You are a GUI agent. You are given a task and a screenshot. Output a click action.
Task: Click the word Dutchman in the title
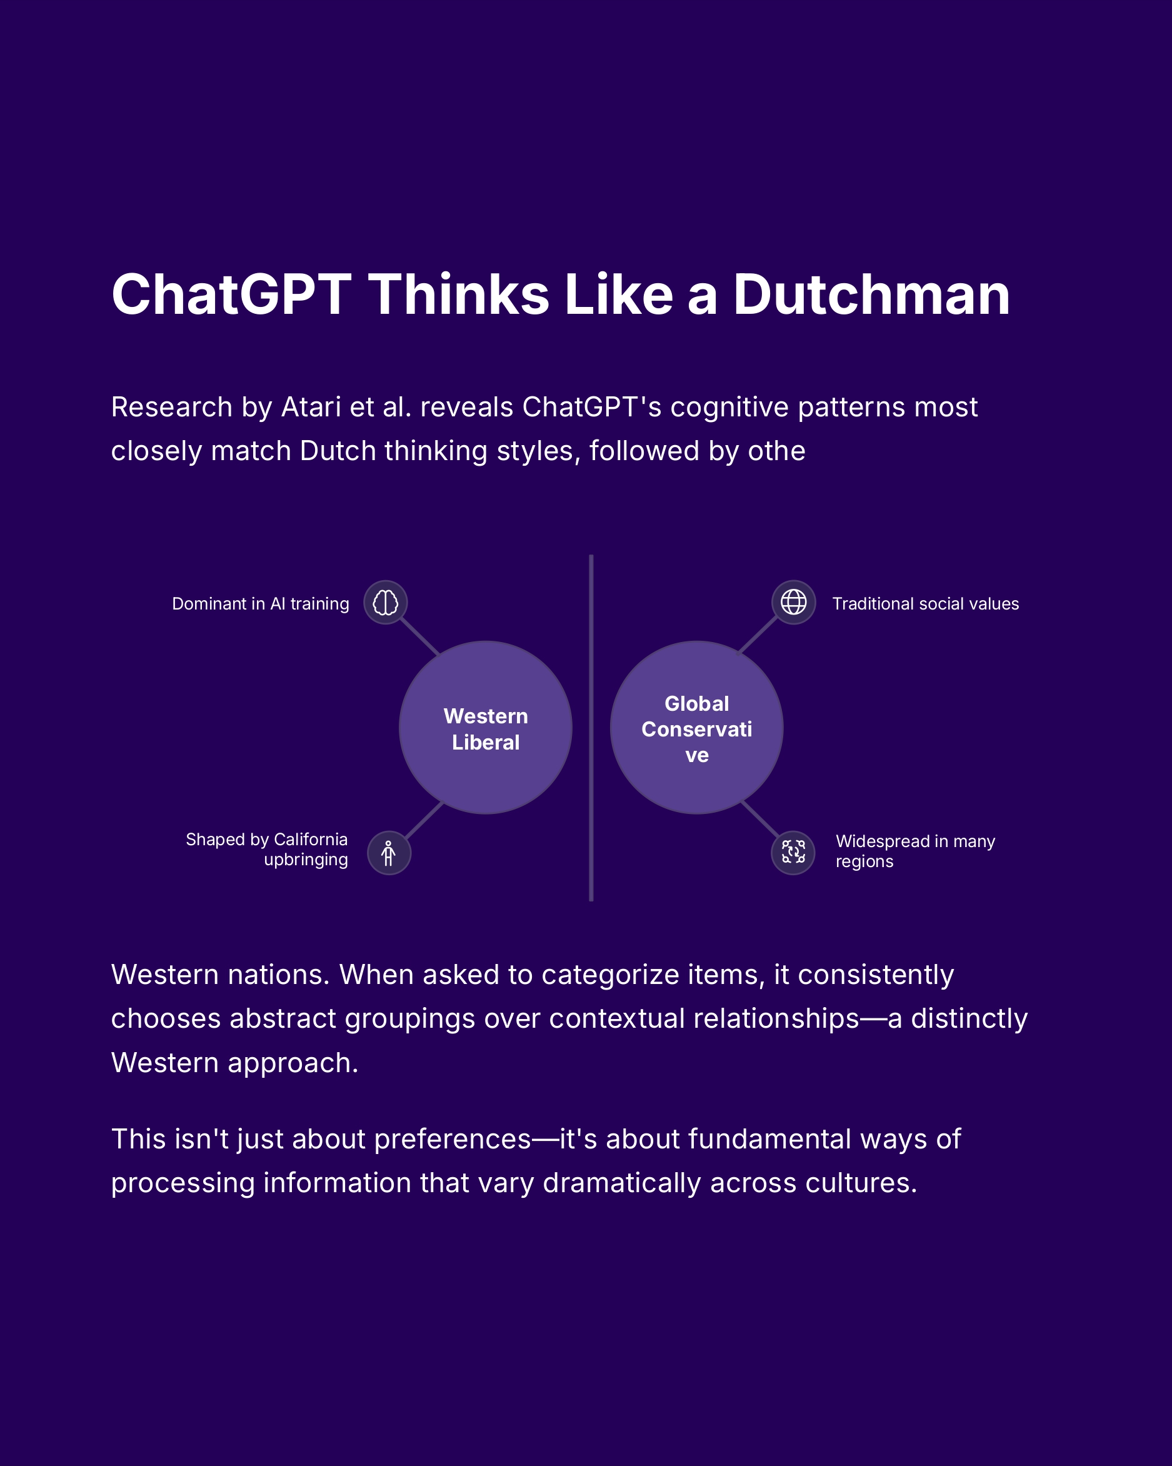[x=871, y=295]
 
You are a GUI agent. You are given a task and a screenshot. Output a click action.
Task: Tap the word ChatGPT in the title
[x=231, y=295]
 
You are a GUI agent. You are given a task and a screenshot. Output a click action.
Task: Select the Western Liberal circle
[x=486, y=728]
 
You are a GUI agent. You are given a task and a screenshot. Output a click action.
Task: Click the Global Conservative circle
[x=696, y=728]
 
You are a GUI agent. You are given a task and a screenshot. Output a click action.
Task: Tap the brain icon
[x=386, y=603]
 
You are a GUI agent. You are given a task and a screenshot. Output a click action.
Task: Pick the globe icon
[x=793, y=602]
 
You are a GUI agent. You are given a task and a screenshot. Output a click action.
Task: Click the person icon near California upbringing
[x=389, y=853]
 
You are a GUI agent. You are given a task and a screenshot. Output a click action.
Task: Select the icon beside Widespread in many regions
[x=793, y=852]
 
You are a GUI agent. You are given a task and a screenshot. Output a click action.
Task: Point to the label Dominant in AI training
[x=261, y=604]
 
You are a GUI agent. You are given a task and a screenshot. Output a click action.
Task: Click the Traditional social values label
[x=925, y=604]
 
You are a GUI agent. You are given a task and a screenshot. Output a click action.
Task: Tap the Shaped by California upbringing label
[x=267, y=849]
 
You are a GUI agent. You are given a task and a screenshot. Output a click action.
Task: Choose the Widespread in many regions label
[x=914, y=851]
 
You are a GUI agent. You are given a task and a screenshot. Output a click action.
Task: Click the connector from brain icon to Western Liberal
[x=419, y=635]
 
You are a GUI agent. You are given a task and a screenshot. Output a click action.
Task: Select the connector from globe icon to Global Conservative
[x=758, y=635]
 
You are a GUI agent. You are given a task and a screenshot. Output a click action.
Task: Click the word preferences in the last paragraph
[x=452, y=1140]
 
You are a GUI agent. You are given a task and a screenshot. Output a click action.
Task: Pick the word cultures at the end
[x=861, y=1184]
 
